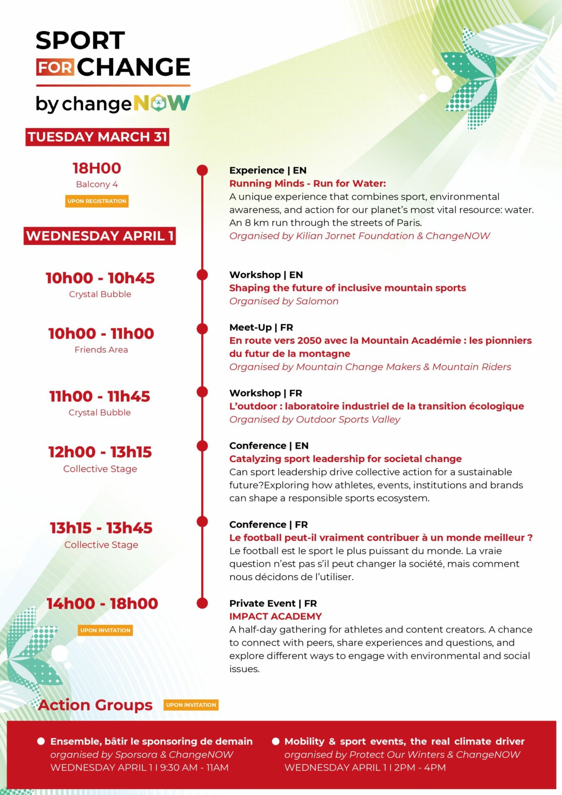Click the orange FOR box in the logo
(x=55, y=67)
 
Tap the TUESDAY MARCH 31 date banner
(x=97, y=137)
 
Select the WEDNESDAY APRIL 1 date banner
(x=100, y=236)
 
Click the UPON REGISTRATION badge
(x=97, y=201)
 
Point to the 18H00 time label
(x=97, y=168)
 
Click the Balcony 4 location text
(x=97, y=184)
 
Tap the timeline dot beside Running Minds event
(x=202, y=170)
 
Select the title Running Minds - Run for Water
(x=307, y=183)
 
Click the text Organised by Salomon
(x=284, y=301)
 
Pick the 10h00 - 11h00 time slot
(x=101, y=334)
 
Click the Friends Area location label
(x=101, y=350)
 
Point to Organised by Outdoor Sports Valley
(x=315, y=419)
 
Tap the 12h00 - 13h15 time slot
(x=100, y=452)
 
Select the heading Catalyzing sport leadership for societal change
(x=346, y=459)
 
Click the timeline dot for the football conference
(x=202, y=522)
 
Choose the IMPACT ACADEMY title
(x=276, y=617)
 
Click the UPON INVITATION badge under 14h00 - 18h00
(x=106, y=630)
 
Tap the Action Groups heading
(x=95, y=705)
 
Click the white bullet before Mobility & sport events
(x=276, y=741)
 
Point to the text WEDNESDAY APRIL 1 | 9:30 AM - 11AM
(x=139, y=767)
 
